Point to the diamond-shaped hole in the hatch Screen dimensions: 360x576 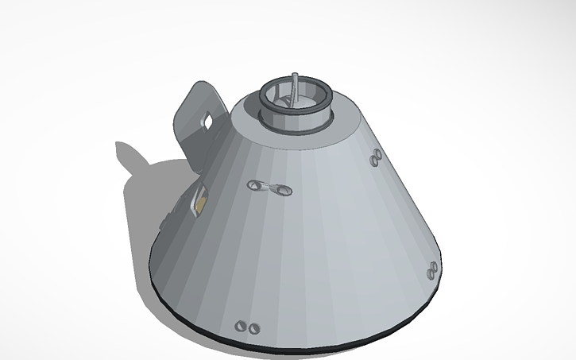point(207,121)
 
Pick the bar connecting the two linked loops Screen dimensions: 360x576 point(269,188)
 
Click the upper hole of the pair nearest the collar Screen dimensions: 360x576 point(373,157)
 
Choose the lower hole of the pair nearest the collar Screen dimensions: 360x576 point(376,164)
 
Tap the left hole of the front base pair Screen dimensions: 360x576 point(242,326)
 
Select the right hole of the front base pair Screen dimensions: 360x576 point(254,327)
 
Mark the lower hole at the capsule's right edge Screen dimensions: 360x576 point(431,274)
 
